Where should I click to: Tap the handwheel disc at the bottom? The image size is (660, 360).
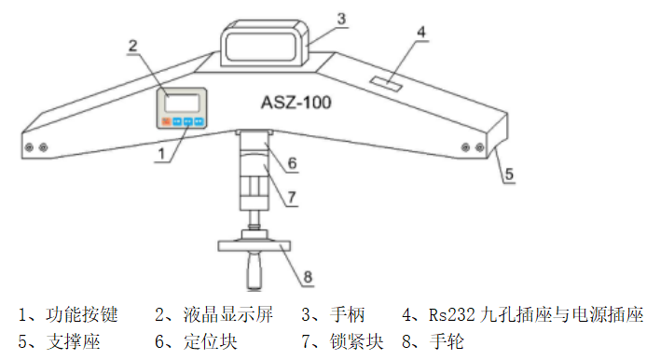252,245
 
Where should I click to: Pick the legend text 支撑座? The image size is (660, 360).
72,341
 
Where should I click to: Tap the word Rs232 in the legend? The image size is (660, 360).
450,314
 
